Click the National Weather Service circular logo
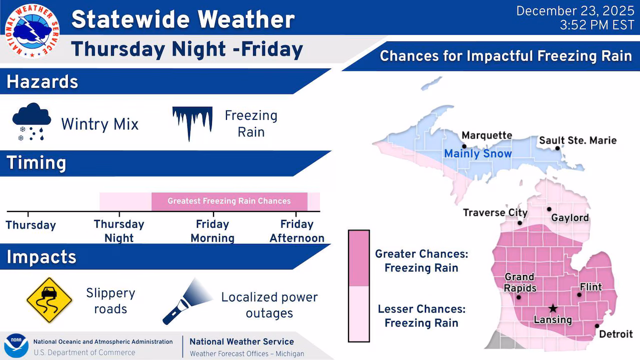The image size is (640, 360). (32, 31)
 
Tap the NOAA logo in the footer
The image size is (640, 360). (16, 345)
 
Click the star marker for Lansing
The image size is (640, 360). (553, 308)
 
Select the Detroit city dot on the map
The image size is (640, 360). (597, 326)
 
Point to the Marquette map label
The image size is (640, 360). (487, 135)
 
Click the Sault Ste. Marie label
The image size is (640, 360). (577, 140)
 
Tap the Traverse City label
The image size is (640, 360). (495, 212)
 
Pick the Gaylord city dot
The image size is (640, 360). (549, 209)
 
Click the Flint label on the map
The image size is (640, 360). (591, 287)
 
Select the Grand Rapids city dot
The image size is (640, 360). (518, 297)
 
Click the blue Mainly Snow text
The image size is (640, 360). (477, 153)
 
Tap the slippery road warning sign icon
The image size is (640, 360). (49, 300)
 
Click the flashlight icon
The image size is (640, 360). (187, 301)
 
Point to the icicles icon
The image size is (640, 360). (192, 123)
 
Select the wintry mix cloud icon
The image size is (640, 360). (31, 121)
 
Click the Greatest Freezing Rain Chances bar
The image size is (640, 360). (229, 201)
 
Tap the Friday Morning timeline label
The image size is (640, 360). (212, 231)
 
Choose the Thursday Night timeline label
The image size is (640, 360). (119, 231)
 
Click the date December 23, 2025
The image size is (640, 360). (575, 11)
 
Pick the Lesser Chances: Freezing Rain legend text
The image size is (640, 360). (421, 316)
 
